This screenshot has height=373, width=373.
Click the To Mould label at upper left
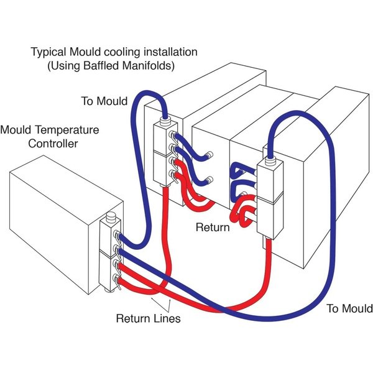pos(104,101)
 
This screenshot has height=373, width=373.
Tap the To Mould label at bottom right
pos(350,309)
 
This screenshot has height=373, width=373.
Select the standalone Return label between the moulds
pos(213,228)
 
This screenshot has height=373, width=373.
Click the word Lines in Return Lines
pos(167,320)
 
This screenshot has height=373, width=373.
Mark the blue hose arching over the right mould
pos(311,124)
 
